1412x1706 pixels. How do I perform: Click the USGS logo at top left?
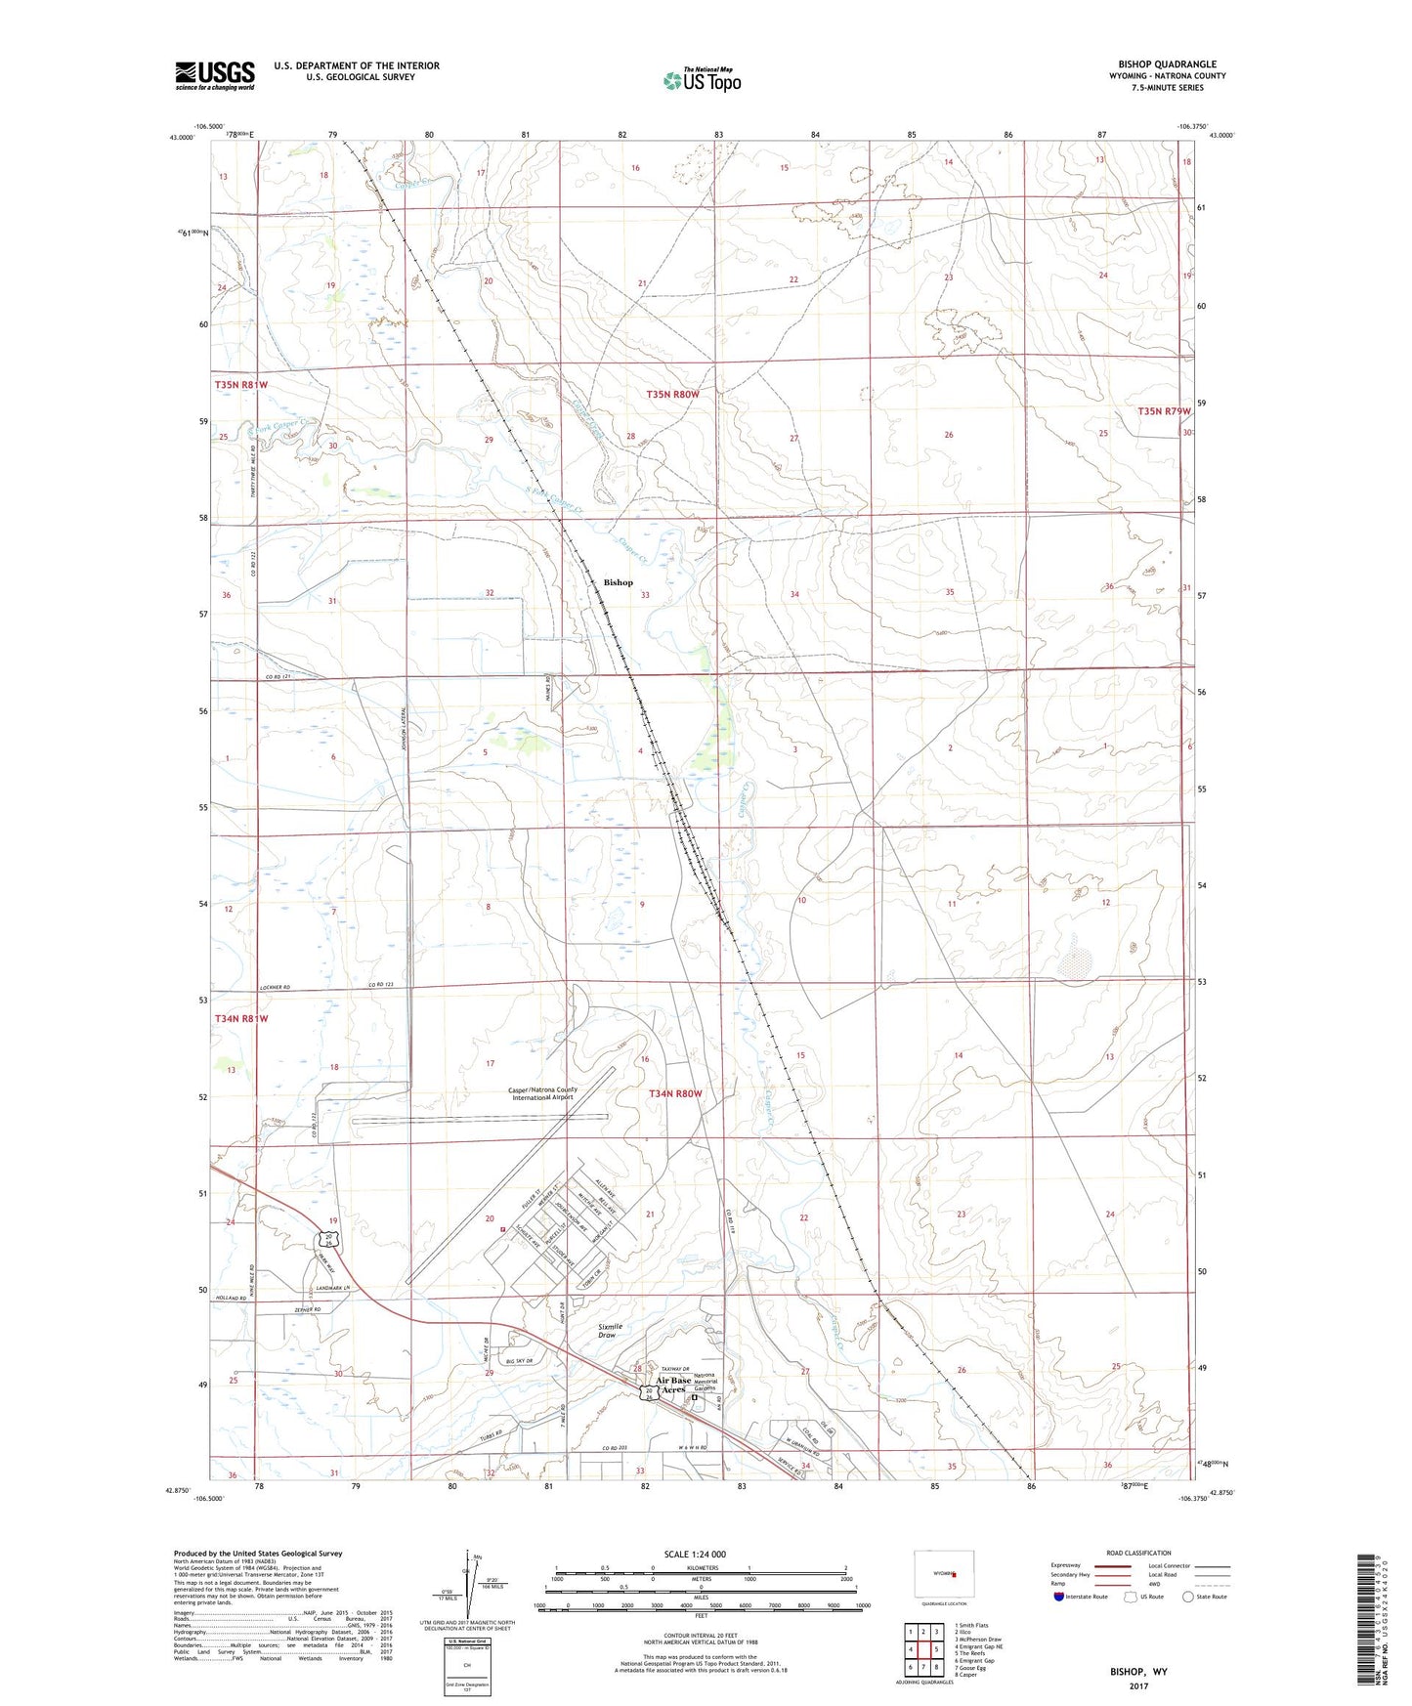point(215,75)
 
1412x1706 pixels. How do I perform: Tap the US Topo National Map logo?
point(702,79)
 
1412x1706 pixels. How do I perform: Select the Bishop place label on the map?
point(618,582)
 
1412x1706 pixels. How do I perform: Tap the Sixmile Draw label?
point(610,1331)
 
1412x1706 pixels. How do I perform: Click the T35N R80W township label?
point(672,394)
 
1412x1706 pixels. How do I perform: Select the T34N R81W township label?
point(240,1018)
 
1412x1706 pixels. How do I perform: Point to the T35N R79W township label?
point(1164,411)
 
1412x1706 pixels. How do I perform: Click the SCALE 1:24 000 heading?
point(695,1554)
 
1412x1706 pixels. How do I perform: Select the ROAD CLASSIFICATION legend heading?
point(1138,1553)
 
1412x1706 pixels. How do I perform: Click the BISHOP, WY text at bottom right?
point(1138,1672)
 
